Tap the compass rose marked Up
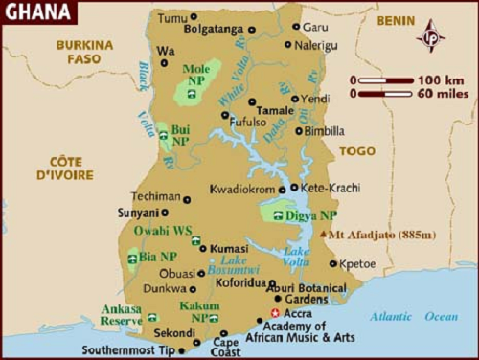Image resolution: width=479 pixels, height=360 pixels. tap(430, 36)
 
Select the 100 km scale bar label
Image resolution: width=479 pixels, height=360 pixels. tap(442, 79)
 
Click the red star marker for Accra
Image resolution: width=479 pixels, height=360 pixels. tap(276, 313)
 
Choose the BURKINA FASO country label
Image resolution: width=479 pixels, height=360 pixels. tap(84, 53)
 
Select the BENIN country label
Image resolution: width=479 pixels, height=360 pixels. tap(396, 19)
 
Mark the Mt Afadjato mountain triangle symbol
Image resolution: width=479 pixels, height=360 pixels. tap(323, 234)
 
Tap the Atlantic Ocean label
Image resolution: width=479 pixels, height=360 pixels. tap(414, 317)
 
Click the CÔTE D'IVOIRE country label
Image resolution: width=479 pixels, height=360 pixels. tap(65, 169)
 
